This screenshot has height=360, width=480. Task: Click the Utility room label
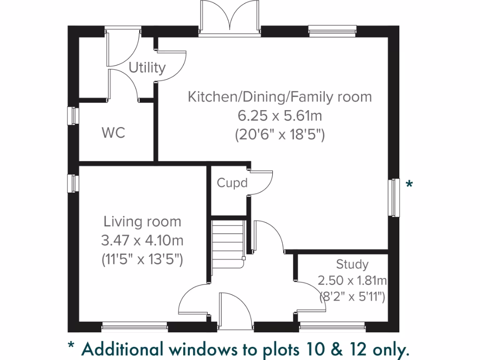point(147,68)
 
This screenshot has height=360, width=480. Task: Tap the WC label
point(113,133)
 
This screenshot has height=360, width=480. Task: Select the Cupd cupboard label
point(232,182)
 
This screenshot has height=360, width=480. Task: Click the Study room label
point(352,265)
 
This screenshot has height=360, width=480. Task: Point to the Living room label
point(142,221)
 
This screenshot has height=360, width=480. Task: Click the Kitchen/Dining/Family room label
point(280,97)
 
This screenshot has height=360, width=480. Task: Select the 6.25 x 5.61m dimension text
point(280,116)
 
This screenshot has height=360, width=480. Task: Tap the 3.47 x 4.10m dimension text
point(142,241)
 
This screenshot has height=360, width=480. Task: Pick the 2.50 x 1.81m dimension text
point(352,281)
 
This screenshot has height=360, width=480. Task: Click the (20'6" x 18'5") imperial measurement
point(280,135)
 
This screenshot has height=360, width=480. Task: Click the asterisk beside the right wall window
point(409,184)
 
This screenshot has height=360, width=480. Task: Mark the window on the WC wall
point(73,115)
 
